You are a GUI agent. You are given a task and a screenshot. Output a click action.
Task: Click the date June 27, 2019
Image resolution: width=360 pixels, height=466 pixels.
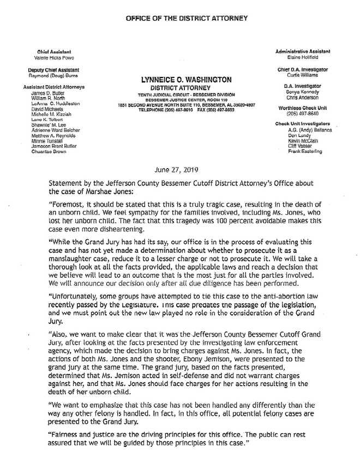click(179, 170)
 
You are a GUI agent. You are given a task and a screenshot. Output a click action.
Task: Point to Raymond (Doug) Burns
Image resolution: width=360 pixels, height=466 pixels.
click(53, 76)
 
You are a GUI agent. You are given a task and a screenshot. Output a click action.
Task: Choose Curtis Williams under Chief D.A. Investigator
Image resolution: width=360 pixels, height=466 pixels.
click(304, 75)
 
